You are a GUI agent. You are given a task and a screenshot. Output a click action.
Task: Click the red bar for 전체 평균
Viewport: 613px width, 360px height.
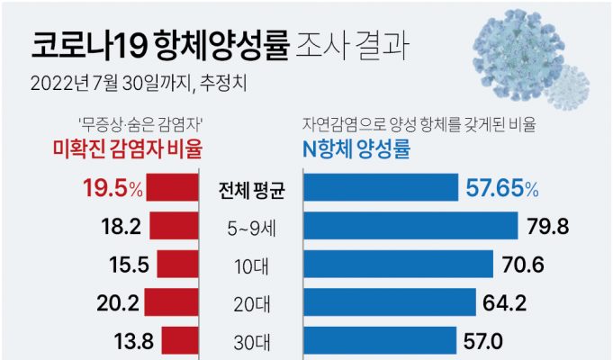click(172, 189)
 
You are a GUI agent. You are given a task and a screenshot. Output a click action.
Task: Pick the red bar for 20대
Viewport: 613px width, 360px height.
click(171, 303)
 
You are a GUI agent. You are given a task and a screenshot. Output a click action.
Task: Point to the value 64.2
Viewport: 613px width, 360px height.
click(506, 303)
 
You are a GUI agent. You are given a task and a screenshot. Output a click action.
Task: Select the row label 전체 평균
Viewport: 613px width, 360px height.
click(252, 190)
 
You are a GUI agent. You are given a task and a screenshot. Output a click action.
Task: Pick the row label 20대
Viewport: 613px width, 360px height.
click(252, 304)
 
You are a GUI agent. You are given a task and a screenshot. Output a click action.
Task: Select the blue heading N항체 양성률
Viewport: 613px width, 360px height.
click(355, 149)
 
